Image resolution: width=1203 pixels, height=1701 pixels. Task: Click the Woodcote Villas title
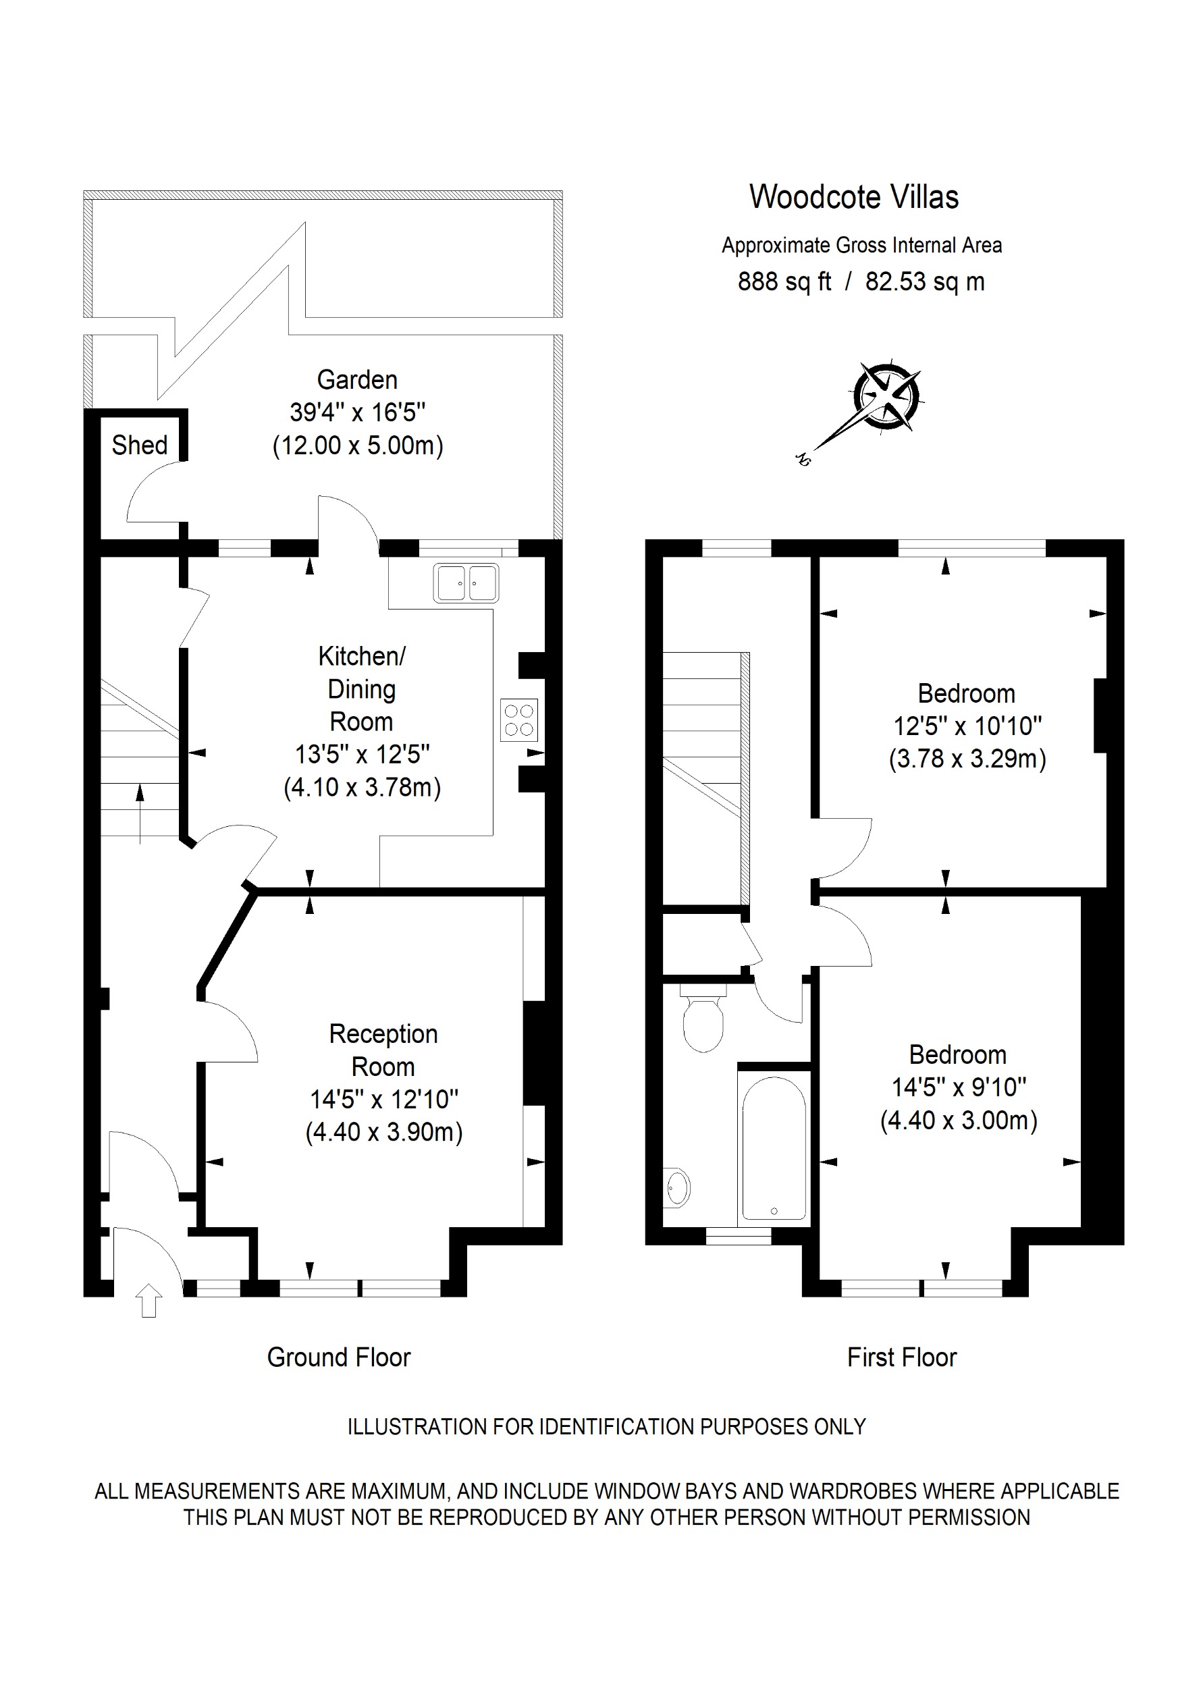coord(853,197)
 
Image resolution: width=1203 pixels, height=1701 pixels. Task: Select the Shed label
coord(139,445)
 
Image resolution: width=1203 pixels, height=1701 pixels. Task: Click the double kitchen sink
coord(466,583)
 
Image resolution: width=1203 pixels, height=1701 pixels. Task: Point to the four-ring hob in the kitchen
coord(518,720)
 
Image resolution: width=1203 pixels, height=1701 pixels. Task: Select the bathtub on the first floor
coord(774,1147)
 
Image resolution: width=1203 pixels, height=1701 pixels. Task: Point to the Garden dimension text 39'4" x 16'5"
coord(358,412)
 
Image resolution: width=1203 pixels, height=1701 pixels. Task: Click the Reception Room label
coord(383,1050)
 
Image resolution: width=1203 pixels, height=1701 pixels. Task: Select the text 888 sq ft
coord(784,281)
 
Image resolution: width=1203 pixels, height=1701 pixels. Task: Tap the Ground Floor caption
coord(338,1357)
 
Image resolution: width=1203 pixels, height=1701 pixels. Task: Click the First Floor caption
coord(901,1357)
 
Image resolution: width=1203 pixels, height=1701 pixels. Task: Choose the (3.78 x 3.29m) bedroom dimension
coord(967,759)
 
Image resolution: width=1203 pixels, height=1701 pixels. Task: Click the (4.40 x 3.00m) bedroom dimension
coord(959,1120)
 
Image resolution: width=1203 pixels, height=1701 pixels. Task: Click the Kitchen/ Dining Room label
coord(361,688)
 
